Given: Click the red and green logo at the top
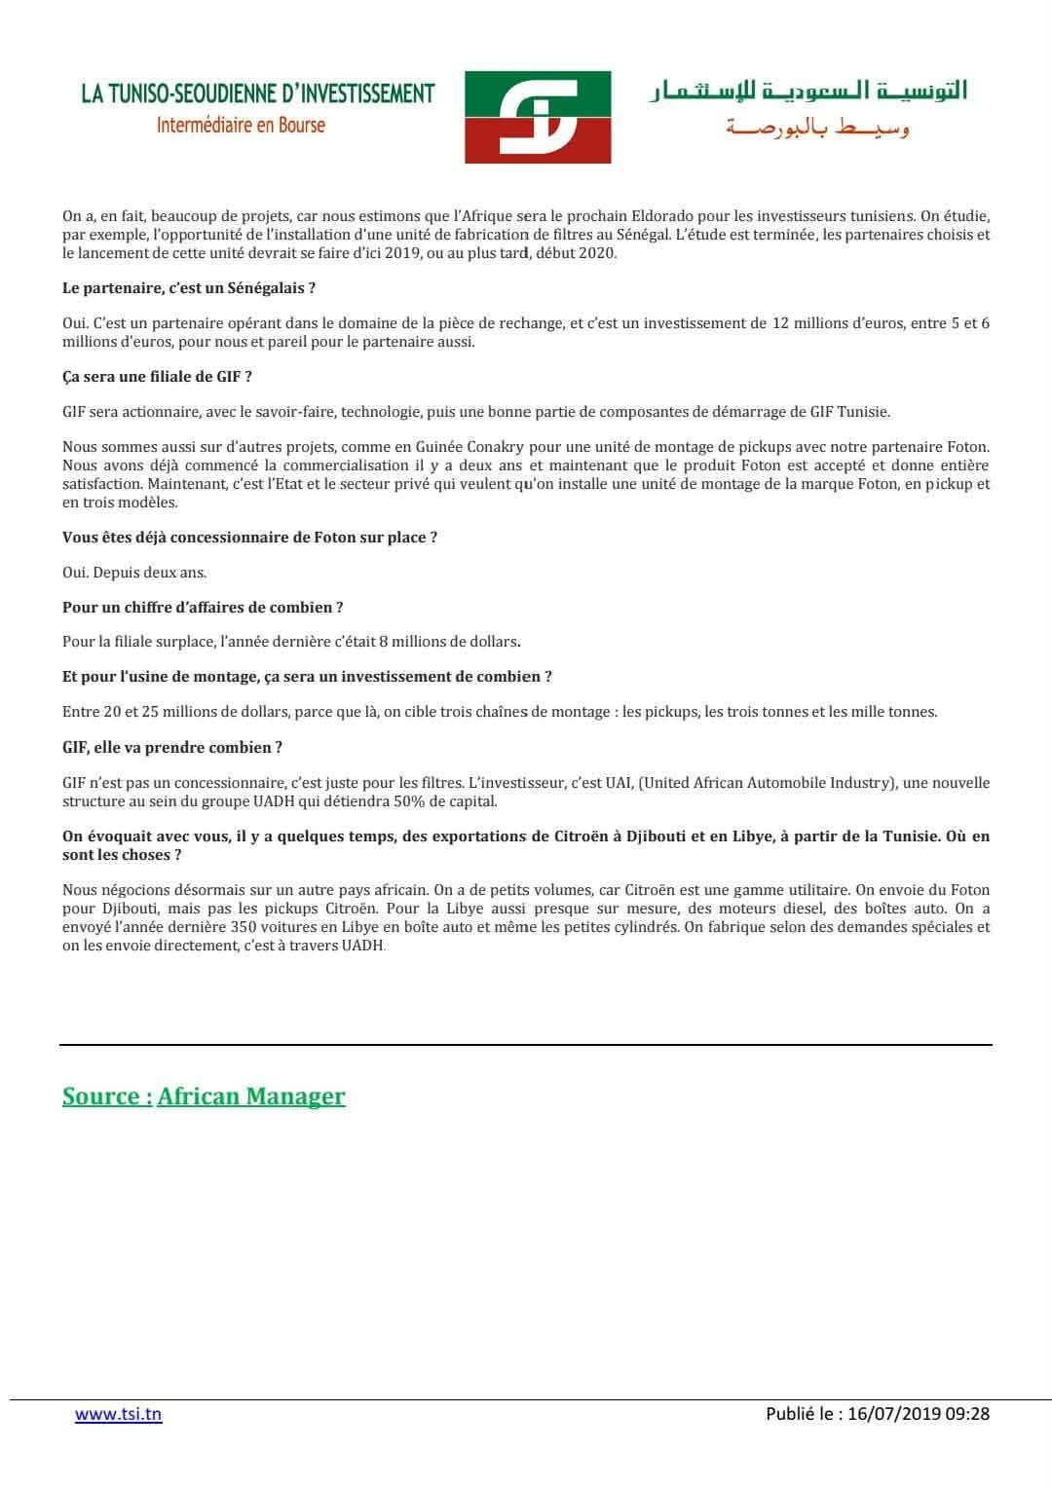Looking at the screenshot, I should click(537, 116).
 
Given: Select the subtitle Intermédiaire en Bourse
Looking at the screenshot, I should click(241, 126).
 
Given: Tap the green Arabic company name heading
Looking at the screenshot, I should click(808, 93).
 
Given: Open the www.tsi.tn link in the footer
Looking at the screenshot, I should click(118, 1414).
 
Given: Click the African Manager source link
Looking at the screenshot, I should click(251, 1097).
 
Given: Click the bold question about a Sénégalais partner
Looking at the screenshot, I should click(189, 288).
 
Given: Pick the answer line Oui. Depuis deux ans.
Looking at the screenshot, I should click(134, 573).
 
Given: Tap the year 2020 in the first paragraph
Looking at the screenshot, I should click(597, 253).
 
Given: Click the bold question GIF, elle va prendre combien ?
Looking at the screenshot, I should click(172, 748).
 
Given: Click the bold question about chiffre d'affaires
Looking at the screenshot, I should click(203, 608).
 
